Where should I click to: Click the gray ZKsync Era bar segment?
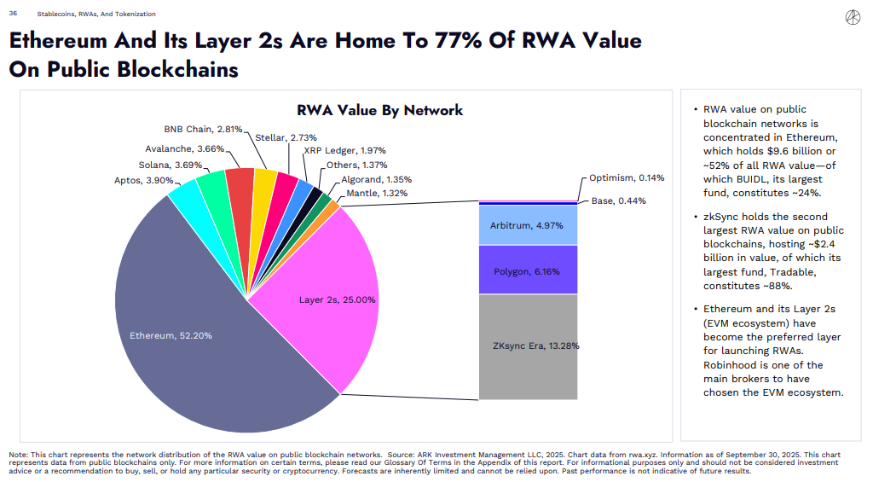[528, 346]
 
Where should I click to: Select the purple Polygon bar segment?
[528, 270]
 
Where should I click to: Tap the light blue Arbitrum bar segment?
[528, 225]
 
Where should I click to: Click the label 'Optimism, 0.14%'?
[627, 178]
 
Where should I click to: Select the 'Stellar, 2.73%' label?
[286, 137]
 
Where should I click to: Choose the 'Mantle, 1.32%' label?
[375, 194]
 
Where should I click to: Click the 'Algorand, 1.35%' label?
[376, 180]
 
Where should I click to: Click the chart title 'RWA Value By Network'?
[379, 110]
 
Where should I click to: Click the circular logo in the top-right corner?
[851, 18]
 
